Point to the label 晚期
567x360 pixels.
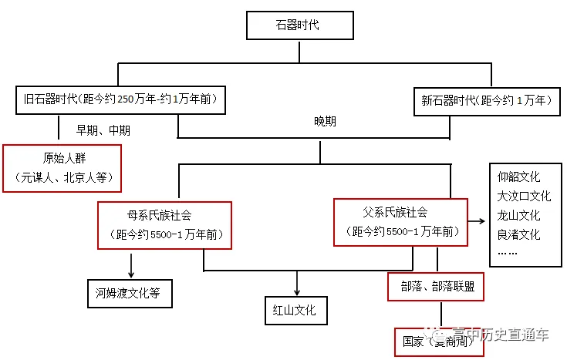click(325, 122)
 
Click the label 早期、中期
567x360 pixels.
click(103, 130)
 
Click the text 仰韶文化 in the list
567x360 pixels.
click(518, 177)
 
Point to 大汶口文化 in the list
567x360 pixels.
click(524, 197)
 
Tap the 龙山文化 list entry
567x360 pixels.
click(518, 215)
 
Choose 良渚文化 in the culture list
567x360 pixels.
click(518, 234)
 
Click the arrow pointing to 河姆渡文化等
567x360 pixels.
click(131, 265)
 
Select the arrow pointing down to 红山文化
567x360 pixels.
click(297, 283)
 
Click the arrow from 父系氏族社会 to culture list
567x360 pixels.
click(477, 220)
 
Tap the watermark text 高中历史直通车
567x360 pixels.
click(501, 335)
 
